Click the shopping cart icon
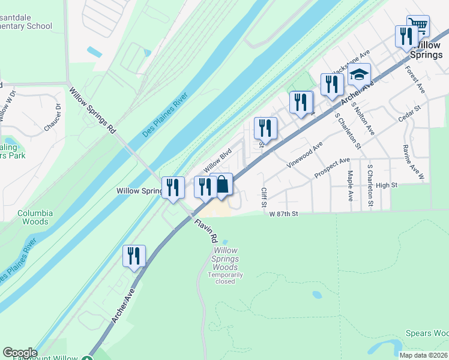pyautogui.click(x=418, y=26)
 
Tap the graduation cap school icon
pyautogui.click(x=360, y=74)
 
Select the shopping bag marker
pyautogui.click(x=221, y=185)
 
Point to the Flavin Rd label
pyautogui.click(x=206, y=229)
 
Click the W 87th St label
pyautogui.click(x=283, y=214)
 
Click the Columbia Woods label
pyautogui.click(x=35, y=217)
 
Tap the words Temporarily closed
pyautogui.click(x=226, y=278)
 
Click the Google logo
pyautogui.click(x=20, y=352)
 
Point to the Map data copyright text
pyautogui.click(x=423, y=355)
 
